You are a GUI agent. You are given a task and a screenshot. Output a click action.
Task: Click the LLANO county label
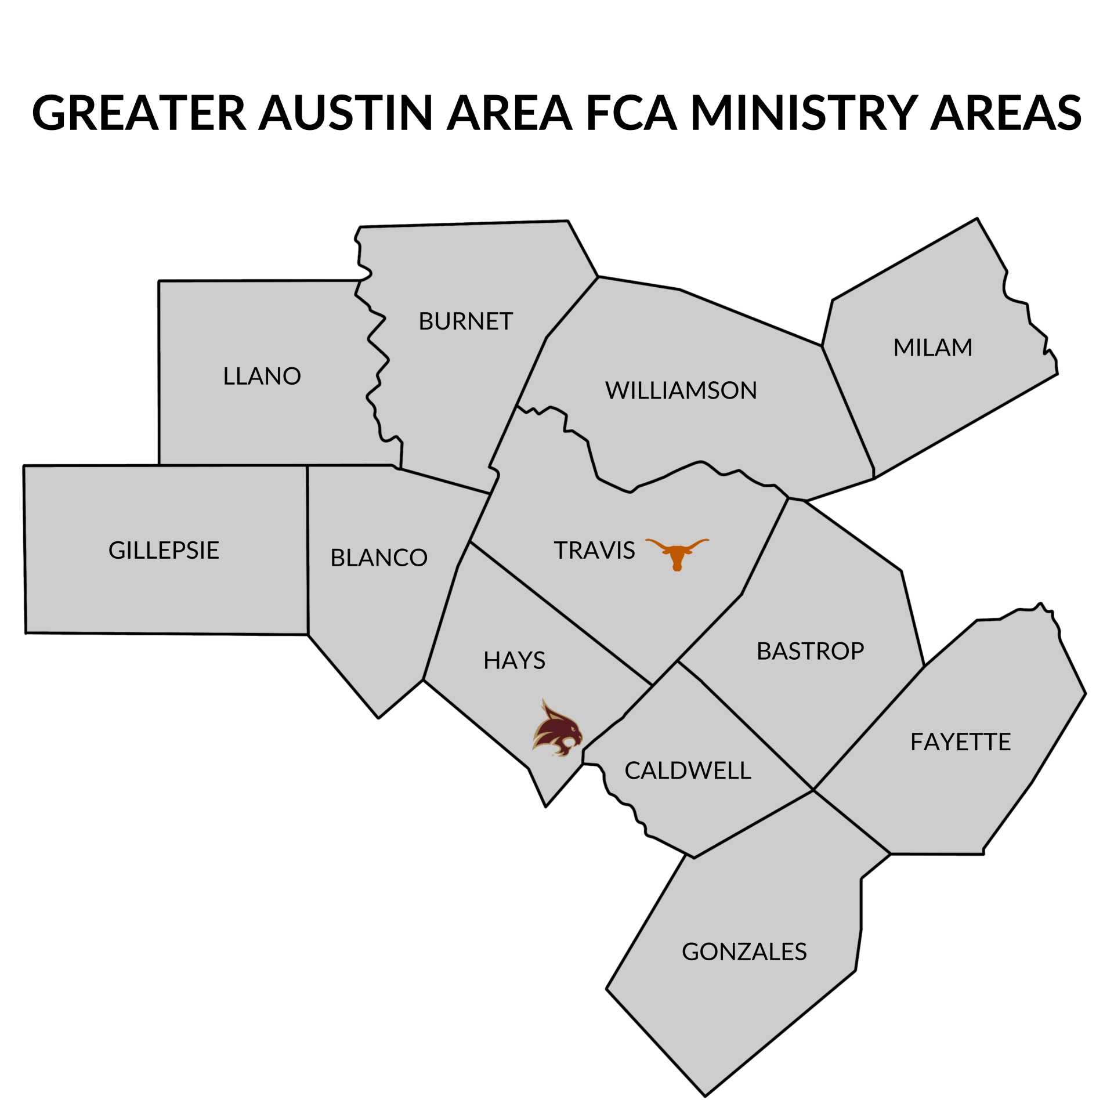[x=262, y=376]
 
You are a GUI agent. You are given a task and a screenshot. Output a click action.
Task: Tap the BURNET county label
[x=465, y=321]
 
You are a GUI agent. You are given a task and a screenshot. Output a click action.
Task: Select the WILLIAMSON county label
[x=681, y=390]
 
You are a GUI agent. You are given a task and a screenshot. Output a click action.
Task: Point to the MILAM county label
[x=932, y=347]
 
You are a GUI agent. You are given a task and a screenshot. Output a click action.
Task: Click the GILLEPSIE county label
[x=164, y=550]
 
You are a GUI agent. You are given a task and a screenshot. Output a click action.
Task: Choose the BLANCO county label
[x=378, y=558]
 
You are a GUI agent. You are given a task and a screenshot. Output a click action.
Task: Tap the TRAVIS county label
[x=594, y=550]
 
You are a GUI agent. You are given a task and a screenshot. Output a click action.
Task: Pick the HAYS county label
[x=514, y=660]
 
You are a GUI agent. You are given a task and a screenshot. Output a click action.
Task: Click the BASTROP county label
[x=810, y=651]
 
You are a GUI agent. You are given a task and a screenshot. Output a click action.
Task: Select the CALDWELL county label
[x=688, y=771]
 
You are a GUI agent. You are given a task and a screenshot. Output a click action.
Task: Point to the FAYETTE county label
[x=960, y=742]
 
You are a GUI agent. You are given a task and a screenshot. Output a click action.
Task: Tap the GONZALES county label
[x=744, y=952]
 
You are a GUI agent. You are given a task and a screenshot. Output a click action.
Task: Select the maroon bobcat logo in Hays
[x=557, y=729]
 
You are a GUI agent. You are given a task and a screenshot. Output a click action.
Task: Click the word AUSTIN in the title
[x=346, y=113]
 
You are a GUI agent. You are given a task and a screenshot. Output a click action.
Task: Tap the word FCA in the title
[x=631, y=113]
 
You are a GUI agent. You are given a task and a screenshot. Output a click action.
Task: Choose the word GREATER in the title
[x=139, y=113]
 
